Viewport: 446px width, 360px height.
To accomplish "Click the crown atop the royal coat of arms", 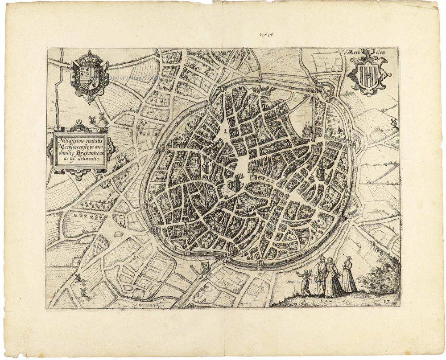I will (x=90, y=57).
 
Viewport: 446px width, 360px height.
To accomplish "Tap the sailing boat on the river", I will (x=204, y=267).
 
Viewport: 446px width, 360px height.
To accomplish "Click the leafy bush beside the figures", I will (x=379, y=278).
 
